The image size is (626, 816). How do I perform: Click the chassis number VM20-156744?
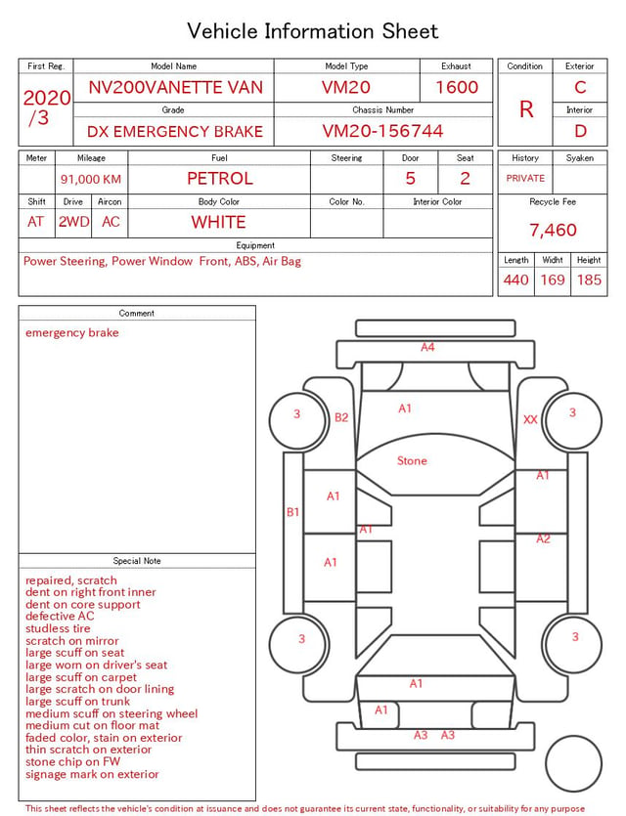coord(382,131)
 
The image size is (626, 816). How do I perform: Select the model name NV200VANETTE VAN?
coord(175,87)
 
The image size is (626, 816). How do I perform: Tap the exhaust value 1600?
coord(457,87)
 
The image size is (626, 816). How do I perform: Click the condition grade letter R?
coord(526,109)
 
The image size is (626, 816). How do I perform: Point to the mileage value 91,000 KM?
coord(91,180)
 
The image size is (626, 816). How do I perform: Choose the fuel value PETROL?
coord(220,179)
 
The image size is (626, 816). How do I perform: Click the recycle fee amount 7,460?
coord(553,230)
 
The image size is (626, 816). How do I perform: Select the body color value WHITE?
coord(218,222)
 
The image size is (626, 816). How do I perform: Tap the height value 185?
coord(589,279)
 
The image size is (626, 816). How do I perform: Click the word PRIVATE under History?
coord(525,178)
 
